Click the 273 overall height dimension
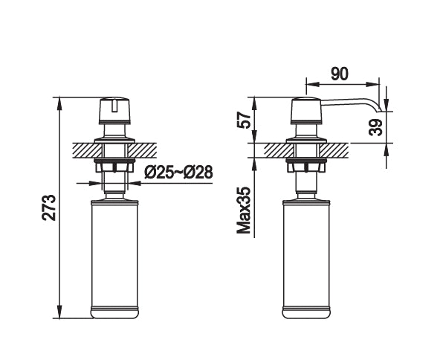(48, 208)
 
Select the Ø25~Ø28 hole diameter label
(178, 173)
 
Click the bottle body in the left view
(114, 257)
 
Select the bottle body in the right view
(307, 257)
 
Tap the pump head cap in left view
(114, 112)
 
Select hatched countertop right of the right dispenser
(338, 149)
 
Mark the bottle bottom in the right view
(307, 313)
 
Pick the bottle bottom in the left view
(114, 313)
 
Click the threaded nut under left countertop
(114, 164)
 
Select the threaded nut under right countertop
(307, 164)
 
